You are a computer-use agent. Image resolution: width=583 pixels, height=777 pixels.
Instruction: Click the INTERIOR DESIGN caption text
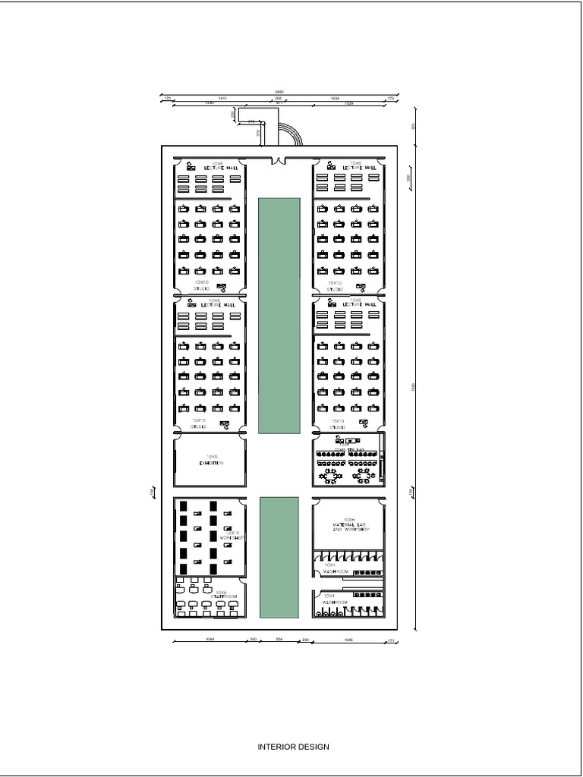point(293,747)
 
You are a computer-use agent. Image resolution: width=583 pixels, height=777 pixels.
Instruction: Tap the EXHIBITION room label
point(211,462)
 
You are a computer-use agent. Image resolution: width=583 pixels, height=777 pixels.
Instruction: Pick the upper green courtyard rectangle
point(279,315)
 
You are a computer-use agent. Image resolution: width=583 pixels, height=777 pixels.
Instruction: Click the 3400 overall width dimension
point(279,92)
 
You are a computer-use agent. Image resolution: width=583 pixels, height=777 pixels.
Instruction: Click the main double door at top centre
point(279,161)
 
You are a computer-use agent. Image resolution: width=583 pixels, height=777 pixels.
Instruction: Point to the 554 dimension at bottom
point(279,640)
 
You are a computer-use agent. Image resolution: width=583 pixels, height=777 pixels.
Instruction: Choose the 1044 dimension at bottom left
point(210,640)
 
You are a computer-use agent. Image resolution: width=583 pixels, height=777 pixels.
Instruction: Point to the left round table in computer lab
point(331,475)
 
